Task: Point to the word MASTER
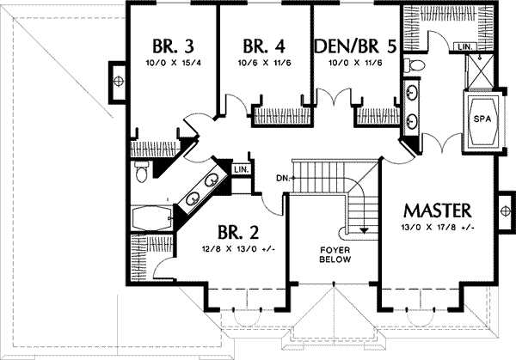click(x=437, y=211)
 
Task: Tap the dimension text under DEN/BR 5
click(x=355, y=64)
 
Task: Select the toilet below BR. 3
click(x=141, y=174)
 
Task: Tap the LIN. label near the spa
click(x=465, y=46)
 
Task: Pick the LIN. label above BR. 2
click(x=242, y=169)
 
